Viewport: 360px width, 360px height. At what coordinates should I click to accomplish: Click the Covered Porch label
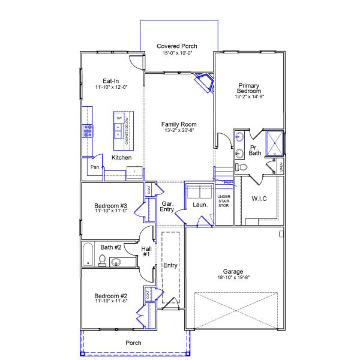coord(177,46)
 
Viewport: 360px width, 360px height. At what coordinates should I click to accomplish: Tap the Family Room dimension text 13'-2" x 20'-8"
coord(179,130)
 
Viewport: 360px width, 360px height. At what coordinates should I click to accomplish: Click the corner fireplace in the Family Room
coord(205,83)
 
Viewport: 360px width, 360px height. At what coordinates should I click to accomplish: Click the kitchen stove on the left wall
coord(88,130)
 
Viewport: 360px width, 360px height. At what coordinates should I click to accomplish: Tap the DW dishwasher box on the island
coord(119,119)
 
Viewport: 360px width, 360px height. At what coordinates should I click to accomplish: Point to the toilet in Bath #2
coord(102,260)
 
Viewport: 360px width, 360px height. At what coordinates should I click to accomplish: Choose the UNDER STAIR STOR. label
coord(224,201)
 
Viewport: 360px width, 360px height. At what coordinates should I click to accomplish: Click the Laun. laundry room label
coord(200,205)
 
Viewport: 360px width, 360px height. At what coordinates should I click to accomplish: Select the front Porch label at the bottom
coord(133,343)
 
